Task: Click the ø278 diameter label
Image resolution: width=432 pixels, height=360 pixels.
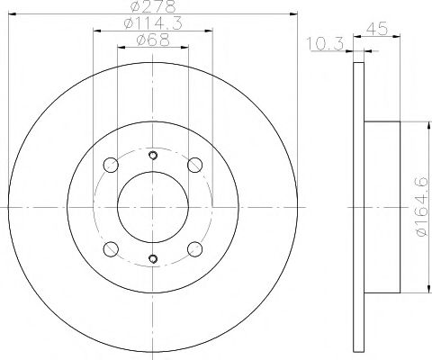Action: [151, 7]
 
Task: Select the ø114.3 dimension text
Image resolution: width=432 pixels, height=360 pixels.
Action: [152, 23]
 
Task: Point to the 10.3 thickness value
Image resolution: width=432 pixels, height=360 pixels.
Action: [319, 42]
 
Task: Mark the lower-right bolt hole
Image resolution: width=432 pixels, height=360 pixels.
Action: [193, 247]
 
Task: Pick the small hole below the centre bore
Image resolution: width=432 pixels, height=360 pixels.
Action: [152, 261]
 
